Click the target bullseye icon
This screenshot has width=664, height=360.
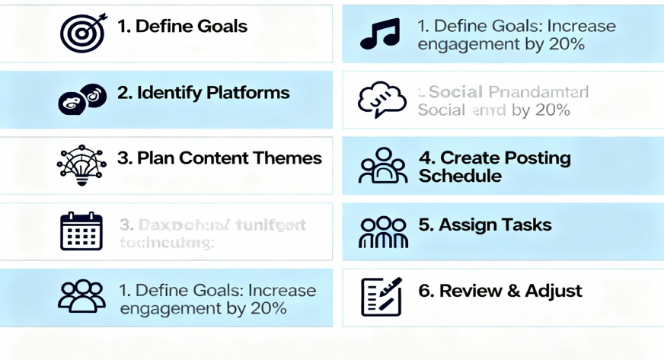tap(81, 33)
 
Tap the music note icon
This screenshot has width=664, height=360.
tap(381, 34)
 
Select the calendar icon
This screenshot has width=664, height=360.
tap(81, 231)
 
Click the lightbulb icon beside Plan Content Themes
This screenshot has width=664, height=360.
tap(82, 165)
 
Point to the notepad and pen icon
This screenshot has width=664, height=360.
tap(381, 297)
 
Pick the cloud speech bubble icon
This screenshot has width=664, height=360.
tap(380, 100)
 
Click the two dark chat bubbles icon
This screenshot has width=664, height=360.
tap(81, 98)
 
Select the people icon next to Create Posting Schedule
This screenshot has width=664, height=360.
tap(383, 166)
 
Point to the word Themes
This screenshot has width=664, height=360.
tap(289, 158)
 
